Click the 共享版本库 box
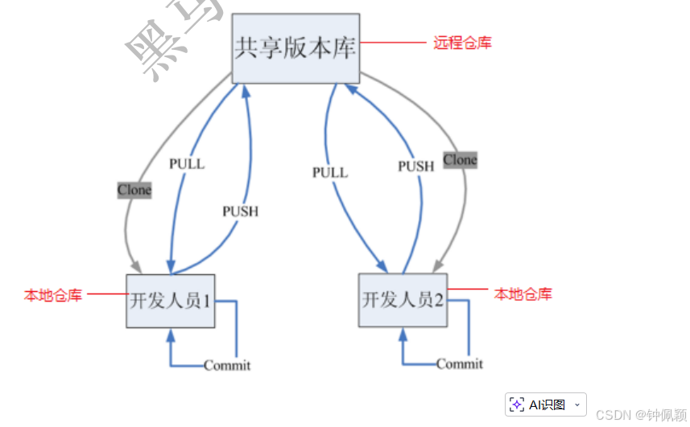(295, 48)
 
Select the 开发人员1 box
(171, 301)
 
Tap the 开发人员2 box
(403, 300)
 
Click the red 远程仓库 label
(462, 43)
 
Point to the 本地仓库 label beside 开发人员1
(53, 295)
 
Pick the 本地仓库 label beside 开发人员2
(523, 294)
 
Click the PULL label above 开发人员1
(187, 164)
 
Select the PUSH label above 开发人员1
(240, 211)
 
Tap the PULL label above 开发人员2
(330, 172)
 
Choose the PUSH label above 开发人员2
(415, 166)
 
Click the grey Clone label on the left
(134, 191)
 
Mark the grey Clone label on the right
(460, 160)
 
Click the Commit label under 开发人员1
(227, 365)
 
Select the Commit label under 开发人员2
(460, 363)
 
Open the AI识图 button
(539, 404)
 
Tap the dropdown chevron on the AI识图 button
(576, 404)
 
